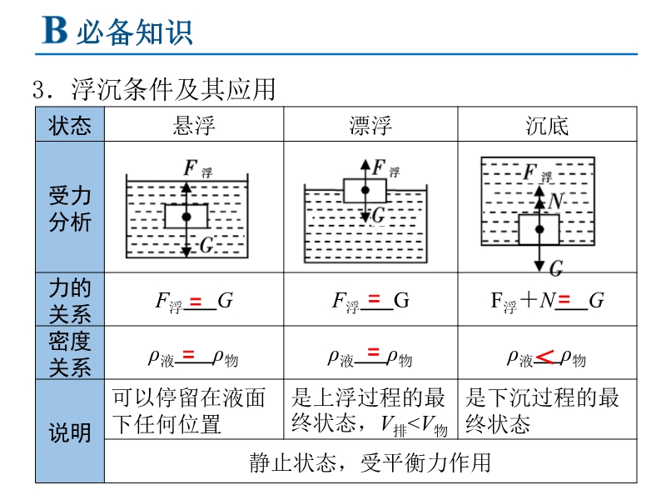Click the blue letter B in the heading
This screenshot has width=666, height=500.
click(x=55, y=30)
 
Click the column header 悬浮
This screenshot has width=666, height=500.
click(x=194, y=126)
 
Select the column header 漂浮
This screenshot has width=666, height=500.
click(x=370, y=126)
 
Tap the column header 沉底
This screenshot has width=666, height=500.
click(x=547, y=126)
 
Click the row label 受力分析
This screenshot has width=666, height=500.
click(x=70, y=209)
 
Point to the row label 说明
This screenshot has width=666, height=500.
click(x=70, y=432)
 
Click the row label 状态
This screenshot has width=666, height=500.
click(x=70, y=126)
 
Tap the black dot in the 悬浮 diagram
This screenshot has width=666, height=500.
click(x=186, y=217)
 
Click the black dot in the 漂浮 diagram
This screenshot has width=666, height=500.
click(x=365, y=190)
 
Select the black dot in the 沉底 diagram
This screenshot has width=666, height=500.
click(x=539, y=230)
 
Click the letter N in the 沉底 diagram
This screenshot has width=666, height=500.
click(x=555, y=201)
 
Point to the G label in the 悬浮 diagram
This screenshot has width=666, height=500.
click(x=206, y=245)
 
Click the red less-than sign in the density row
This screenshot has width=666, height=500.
click(x=544, y=357)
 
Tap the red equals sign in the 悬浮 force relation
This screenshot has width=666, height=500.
click(x=196, y=302)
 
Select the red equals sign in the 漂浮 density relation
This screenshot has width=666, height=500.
click(x=373, y=352)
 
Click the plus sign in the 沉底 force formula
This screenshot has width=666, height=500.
click(x=529, y=299)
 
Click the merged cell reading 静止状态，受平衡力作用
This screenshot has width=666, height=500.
click(x=370, y=462)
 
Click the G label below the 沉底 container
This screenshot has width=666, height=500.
click(x=556, y=268)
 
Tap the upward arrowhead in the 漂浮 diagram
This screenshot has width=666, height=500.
click(x=365, y=165)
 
